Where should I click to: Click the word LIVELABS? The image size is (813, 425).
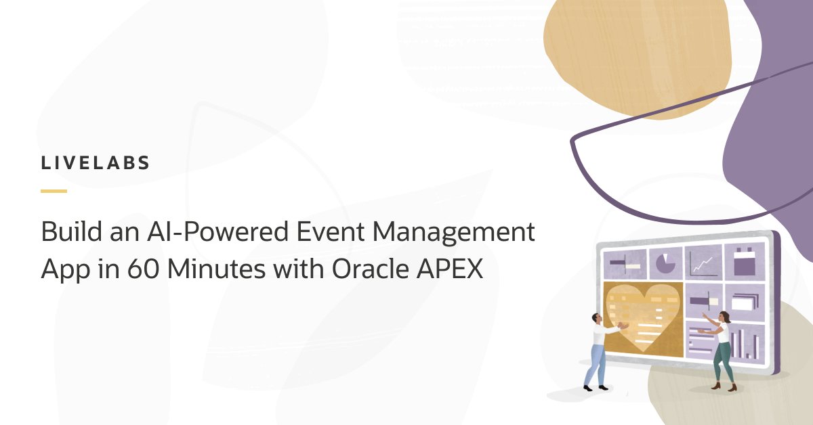click(x=96, y=164)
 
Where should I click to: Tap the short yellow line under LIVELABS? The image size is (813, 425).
click(x=54, y=192)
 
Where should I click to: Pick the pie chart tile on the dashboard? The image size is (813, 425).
click(x=666, y=263)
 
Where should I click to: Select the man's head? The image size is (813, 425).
click(x=596, y=318)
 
